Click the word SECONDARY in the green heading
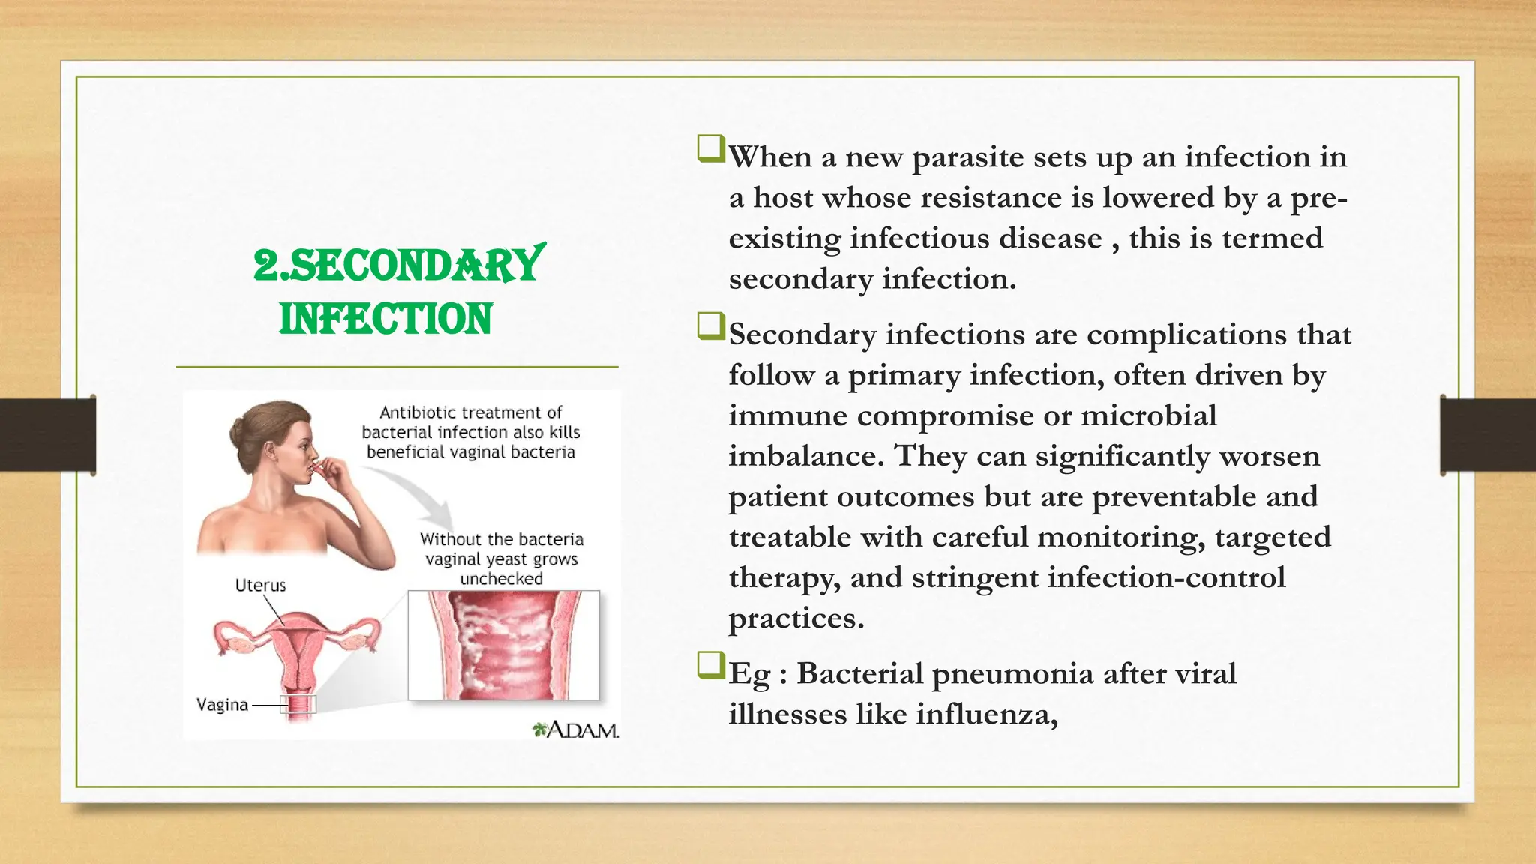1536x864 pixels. pos(415,265)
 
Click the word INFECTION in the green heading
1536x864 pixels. pos(385,319)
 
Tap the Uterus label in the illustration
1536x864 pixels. pos(260,586)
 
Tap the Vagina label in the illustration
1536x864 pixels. pos(222,705)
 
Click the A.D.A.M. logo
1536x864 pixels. pos(576,730)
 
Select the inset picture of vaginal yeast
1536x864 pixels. pos(503,646)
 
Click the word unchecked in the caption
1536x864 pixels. pos(501,579)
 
